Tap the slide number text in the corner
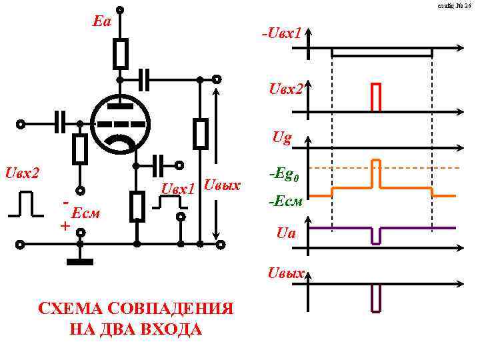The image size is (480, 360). tap(455, 6)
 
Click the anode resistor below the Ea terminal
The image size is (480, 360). tap(120, 53)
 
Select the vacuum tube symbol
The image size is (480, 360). tap(120, 123)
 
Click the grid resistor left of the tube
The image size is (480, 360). tap(80, 149)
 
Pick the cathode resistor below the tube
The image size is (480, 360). tap(137, 205)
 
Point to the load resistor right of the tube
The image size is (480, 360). tap(200, 133)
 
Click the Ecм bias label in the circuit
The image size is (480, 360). tap(85, 213)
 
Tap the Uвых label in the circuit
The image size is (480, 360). tap(221, 185)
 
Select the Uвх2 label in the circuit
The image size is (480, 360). tap(22, 174)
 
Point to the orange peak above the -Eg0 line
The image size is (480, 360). tap(376, 172)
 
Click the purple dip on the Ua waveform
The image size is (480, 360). tap(376, 235)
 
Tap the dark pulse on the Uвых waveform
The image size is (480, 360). tap(376, 298)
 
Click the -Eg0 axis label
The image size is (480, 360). tap(284, 175)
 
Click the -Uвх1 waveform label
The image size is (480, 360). tap(282, 33)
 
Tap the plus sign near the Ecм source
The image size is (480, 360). tap(65, 226)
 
